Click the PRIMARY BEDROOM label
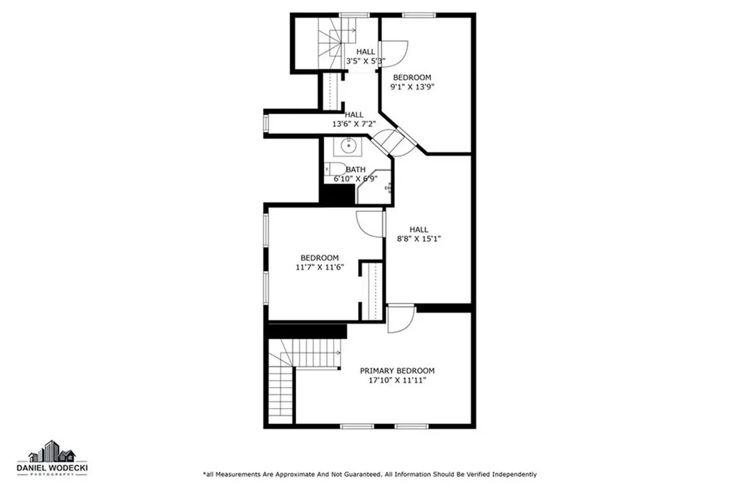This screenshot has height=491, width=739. point(398,371)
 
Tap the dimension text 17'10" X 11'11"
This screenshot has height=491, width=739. point(398,380)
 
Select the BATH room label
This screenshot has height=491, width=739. point(355,169)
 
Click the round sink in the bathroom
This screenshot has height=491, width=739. point(349,146)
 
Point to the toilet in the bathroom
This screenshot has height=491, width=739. point(335,168)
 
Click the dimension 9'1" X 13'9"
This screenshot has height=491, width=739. point(412,87)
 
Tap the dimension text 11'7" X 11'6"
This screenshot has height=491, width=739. point(320,267)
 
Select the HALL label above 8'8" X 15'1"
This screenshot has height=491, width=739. point(419,229)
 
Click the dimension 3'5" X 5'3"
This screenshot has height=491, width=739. point(366,61)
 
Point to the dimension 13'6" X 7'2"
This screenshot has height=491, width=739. point(354,124)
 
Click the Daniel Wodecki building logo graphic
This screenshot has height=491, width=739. point(52,451)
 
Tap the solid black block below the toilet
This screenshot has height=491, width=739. point(338,194)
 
